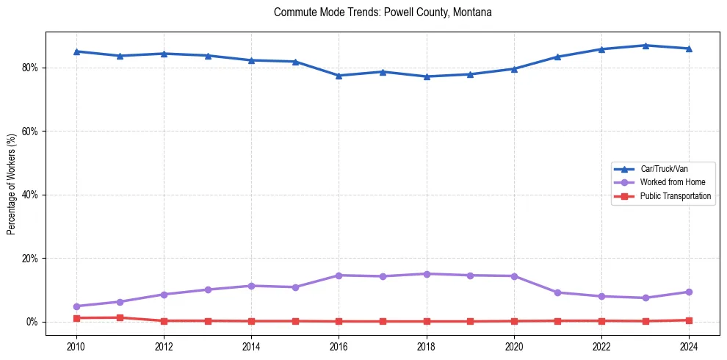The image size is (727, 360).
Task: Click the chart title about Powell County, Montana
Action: (x=383, y=12)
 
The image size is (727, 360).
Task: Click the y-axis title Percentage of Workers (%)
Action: (x=12, y=184)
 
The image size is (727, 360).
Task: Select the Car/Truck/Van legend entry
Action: (x=664, y=169)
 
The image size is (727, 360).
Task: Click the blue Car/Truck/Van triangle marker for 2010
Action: (x=76, y=51)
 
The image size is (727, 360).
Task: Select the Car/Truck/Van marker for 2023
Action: (x=645, y=46)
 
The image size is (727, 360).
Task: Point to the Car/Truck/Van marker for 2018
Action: (x=427, y=76)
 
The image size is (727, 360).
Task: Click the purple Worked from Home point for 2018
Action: (x=427, y=274)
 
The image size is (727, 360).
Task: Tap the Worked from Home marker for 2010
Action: (x=76, y=306)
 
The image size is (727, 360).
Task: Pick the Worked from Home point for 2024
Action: (x=689, y=292)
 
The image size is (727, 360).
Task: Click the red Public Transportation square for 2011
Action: (x=120, y=317)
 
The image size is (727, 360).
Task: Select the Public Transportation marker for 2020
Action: (x=514, y=321)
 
